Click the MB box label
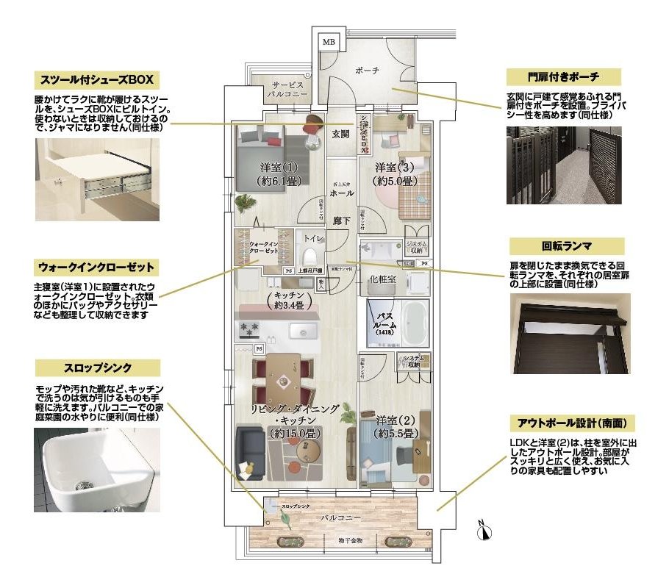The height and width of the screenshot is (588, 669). coord(329,42)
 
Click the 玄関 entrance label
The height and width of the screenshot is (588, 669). coord(340,134)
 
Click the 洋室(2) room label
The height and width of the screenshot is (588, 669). coord(398,427)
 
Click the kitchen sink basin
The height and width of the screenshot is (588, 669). coord(301,331)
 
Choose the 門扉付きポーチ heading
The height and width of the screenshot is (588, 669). coord(564,76)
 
